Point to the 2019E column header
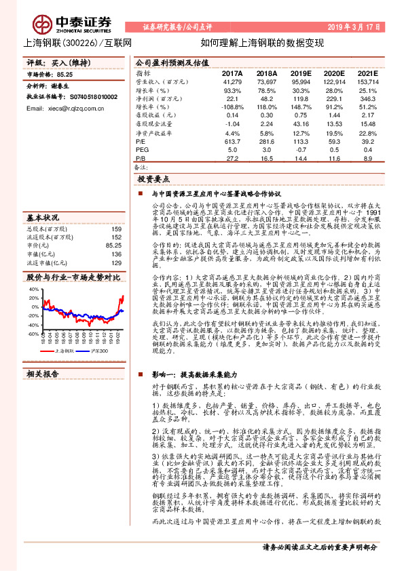pos(299,73)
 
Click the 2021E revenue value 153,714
pos(365,81)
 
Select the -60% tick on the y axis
pos(33,334)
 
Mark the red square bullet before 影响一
pos(140,374)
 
